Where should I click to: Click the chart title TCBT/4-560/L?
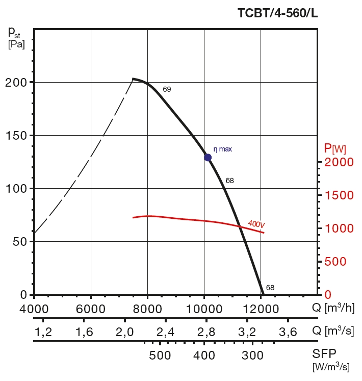point(277,14)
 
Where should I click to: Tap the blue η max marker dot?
point(208,157)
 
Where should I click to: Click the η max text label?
point(222,149)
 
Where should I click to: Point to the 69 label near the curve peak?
point(167,89)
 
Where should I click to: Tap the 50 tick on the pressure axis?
point(19,242)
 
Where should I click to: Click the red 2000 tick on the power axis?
point(339,162)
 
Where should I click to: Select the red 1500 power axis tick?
point(339,195)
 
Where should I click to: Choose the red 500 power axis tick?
point(335,262)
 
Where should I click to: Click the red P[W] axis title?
point(335,149)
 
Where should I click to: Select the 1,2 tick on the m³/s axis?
point(43,332)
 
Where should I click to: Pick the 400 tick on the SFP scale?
point(205,355)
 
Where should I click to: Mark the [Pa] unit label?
point(16,44)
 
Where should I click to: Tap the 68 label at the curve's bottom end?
point(270,288)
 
